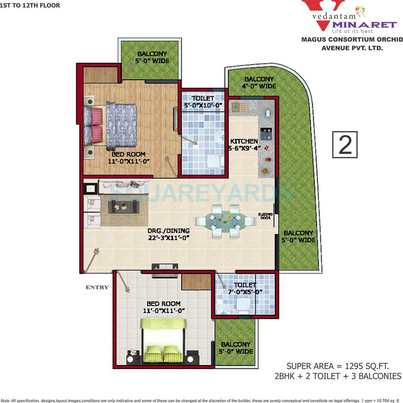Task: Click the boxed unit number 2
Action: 345,144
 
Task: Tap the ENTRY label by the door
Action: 97,287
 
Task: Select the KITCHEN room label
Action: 244,141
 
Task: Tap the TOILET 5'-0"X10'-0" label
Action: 203,102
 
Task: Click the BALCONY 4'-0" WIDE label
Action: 259,83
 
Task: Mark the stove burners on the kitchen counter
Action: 266,131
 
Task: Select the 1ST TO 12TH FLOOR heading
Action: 30,6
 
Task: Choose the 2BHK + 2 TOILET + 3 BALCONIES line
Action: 338,376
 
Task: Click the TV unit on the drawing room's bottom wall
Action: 164,266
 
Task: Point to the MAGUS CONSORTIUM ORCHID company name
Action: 352,39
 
